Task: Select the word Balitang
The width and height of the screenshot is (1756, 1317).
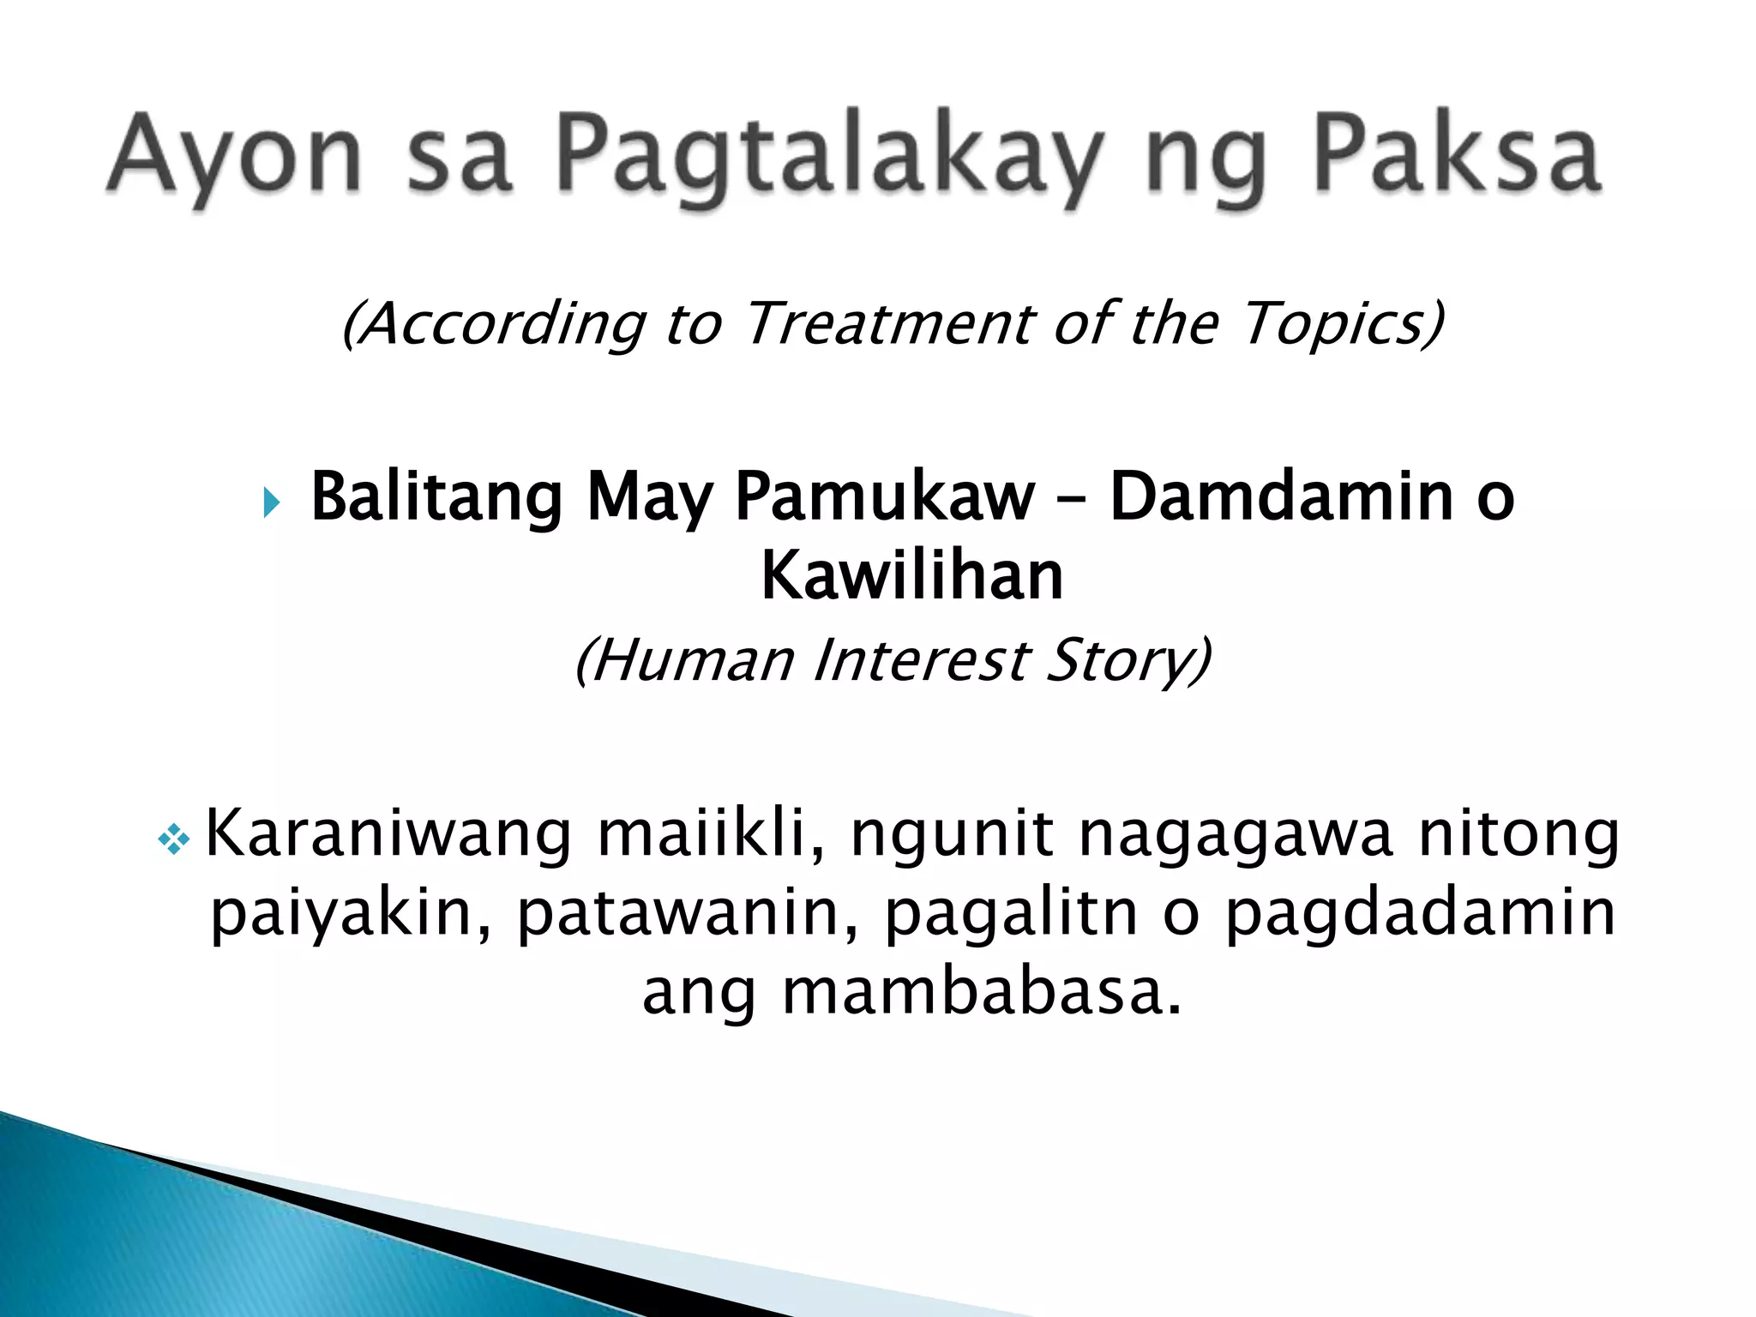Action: point(436,497)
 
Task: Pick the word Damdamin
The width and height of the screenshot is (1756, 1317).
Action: point(1281,497)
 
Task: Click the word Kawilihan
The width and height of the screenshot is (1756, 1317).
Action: point(911,575)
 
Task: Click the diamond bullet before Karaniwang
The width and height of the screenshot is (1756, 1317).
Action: point(174,839)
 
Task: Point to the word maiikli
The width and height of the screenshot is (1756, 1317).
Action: point(711,833)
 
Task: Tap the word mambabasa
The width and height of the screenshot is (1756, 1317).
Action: point(981,992)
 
